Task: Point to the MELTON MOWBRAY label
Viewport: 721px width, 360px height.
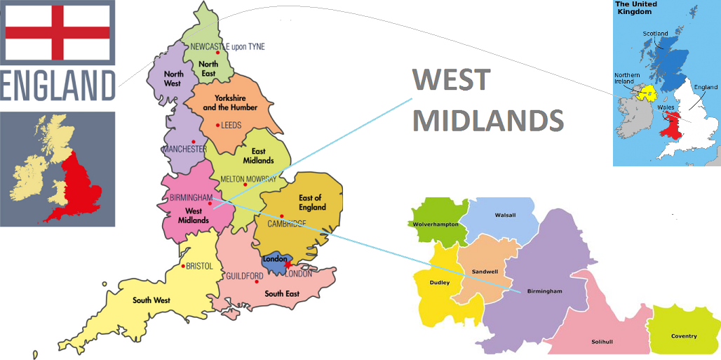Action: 248,179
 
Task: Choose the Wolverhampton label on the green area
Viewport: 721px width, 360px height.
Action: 435,225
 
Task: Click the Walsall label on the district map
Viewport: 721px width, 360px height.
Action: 505,215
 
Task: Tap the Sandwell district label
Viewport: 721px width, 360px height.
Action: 485,270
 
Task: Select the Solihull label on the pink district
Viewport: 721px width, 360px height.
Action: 602,342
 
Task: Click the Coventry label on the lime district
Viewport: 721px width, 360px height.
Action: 684,336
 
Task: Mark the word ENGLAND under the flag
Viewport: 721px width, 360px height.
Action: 58,86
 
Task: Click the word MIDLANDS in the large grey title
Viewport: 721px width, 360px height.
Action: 487,120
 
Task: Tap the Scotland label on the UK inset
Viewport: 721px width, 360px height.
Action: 656,33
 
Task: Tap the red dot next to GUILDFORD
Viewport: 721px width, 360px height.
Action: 257,281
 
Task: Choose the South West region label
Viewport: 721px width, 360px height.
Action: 151,300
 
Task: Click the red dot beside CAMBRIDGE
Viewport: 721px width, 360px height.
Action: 281,215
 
